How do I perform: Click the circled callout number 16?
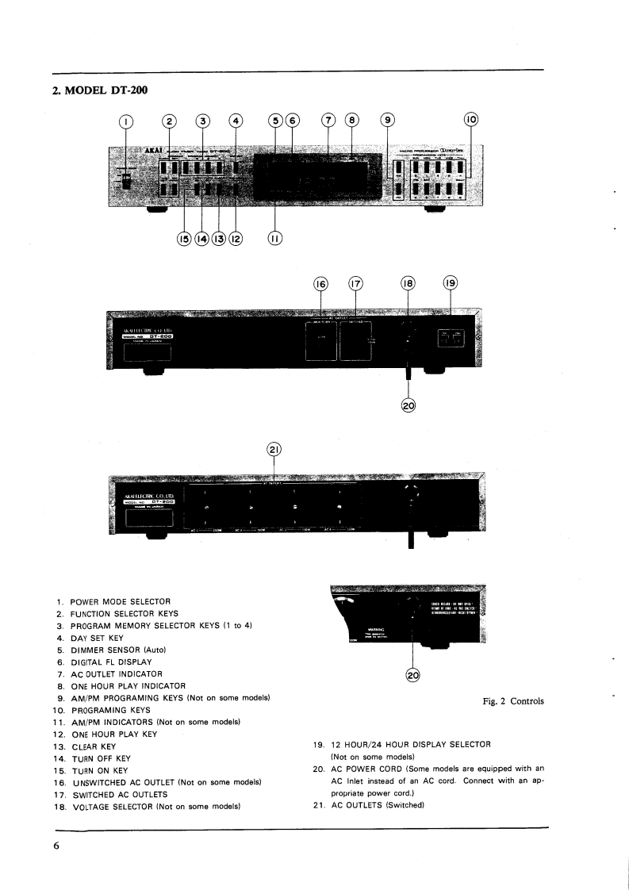(x=323, y=284)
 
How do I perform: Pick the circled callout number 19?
(x=450, y=284)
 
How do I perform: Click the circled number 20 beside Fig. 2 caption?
(x=412, y=675)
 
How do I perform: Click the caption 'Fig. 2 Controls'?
(x=513, y=701)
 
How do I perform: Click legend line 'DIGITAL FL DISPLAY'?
(x=110, y=662)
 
